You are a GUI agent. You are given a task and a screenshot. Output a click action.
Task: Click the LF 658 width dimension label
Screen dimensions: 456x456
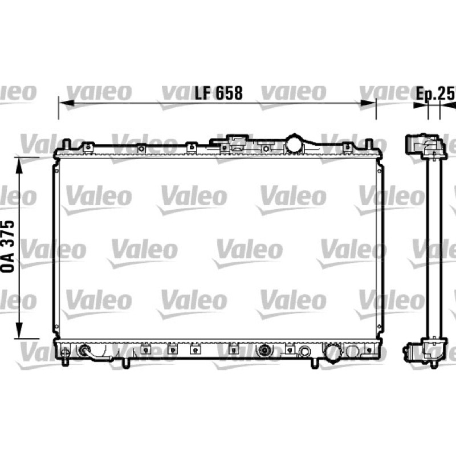click(x=218, y=93)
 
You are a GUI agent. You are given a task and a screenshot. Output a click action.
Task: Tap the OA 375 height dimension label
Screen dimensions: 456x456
click(x=7, y=247)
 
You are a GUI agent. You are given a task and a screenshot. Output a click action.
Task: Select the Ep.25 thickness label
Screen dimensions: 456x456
click(x=435, y=93)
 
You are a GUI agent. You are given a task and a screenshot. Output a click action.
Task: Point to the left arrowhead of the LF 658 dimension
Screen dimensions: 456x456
click(x=66, y=103)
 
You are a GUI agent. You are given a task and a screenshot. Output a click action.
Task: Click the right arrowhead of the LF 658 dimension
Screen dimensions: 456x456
click(x=368, y=103)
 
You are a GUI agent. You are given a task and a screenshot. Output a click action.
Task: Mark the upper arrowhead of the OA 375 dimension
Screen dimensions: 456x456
click(x=19, y=165)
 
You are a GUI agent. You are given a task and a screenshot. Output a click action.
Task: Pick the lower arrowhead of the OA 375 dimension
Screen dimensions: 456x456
click(x=19, y=331)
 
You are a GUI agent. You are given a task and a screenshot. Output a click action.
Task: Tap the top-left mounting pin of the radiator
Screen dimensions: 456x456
click(x=67, y=144)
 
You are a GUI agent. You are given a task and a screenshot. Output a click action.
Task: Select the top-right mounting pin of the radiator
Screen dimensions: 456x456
click(x=369, y=144)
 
